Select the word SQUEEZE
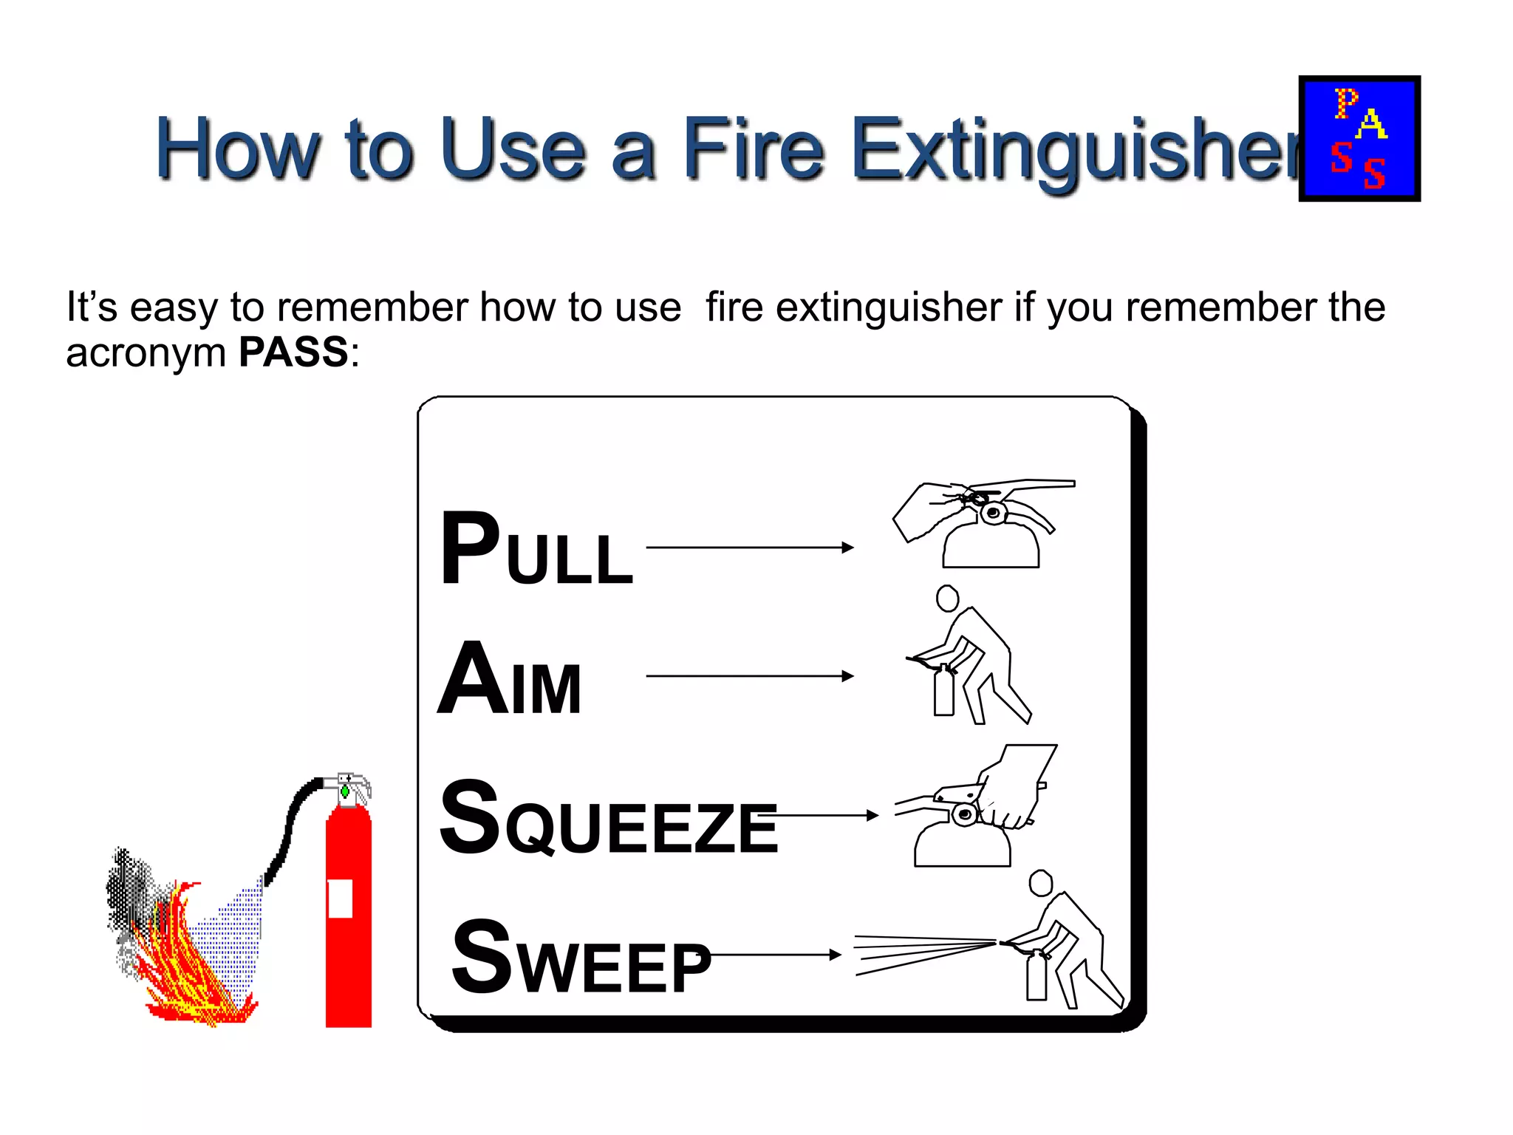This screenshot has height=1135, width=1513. click(x=607, y=819)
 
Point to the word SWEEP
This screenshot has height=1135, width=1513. click(x=581, y=958)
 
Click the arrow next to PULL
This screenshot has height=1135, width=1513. click(x=749, y=548)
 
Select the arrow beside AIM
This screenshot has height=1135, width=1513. click(x=749, y=676)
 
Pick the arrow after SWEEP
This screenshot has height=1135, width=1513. click(x=774, y=955)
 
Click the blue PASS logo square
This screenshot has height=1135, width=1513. click(x=1359, y=138)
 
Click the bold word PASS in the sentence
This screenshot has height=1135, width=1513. click(x=293, y=352)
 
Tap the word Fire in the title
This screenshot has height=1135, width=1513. click(x=752, y=149)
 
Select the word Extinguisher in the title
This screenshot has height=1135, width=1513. click(x=1075, y=151)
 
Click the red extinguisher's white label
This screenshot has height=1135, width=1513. click(x=340, y=899)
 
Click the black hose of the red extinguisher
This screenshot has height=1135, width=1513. click(x=287, y=828)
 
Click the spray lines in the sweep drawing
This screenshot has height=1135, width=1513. click(x=923, y=953)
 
